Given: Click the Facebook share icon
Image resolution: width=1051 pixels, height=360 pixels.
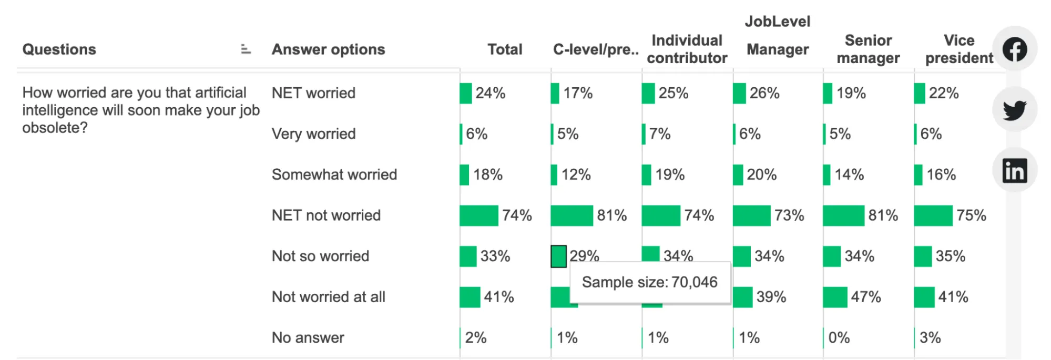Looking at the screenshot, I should coord(1014,49).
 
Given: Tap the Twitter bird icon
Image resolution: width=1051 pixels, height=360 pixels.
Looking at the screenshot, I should coord(1014,110).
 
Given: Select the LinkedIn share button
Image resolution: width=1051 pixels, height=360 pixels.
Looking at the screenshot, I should coord(1014,171).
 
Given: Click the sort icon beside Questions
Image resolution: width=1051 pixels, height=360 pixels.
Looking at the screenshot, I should coord(246,49).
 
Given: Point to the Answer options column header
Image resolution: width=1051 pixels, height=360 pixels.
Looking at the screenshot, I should coord(328,49).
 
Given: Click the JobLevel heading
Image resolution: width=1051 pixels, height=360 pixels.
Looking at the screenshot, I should coord(777,22).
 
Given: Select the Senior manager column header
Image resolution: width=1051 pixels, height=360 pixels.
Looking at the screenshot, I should coord(868,49).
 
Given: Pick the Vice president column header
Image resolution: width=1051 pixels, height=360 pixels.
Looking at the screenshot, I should coord(959,49).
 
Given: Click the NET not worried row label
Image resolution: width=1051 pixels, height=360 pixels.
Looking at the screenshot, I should coord(326,215).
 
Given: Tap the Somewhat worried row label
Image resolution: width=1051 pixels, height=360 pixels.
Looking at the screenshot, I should coord(334,174).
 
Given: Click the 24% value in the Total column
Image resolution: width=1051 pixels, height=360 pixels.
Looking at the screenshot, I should coord(490,94).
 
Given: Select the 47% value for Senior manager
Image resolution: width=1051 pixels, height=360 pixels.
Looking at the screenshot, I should coord(865,297).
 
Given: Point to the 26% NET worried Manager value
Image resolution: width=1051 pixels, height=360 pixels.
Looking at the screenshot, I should coord(764,94).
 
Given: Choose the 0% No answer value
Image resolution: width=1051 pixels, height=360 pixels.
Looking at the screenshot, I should coord(839,337).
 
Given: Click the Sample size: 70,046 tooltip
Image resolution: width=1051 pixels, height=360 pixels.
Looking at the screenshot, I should coord(649,282).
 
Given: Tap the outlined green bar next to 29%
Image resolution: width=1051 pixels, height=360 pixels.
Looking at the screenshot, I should coord(558,256).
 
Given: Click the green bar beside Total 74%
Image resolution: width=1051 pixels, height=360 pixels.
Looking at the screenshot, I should coord(478,215).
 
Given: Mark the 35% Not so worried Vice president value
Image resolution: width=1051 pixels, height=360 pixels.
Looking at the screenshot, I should coord(950,256).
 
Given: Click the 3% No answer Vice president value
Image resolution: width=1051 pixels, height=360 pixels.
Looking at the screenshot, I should coord(930,337).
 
